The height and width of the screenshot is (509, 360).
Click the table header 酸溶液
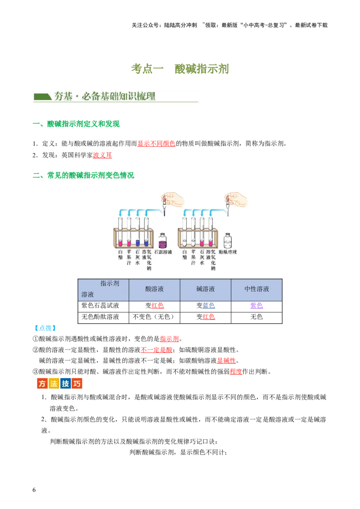[x=154, y=289]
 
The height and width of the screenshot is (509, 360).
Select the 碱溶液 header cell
[x=206, y=289]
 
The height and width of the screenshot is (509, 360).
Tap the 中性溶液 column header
[x=256, y=289]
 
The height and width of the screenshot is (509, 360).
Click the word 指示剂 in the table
[x=109, y=284]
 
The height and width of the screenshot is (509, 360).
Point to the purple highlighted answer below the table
[x=256, y=306]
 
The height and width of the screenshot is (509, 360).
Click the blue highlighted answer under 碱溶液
[x=208, y=306]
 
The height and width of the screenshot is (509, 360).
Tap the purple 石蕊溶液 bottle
[x=162, y=241]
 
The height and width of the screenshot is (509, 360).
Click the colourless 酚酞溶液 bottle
[x=228, y=241]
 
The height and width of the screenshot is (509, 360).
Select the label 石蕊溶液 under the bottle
[x=163, y=252]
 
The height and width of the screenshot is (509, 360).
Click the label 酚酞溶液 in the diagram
[x=228, y=252]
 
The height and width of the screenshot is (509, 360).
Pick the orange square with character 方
[x=42, y=384]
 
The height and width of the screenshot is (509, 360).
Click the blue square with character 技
[x=66, y=384]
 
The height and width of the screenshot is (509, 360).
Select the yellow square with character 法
[x=54, y=384]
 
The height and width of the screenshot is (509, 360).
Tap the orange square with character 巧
[x=77, y=384]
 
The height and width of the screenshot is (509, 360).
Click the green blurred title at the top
[x=180, y=69]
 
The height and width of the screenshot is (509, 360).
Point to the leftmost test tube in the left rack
[x=120, y=232]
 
